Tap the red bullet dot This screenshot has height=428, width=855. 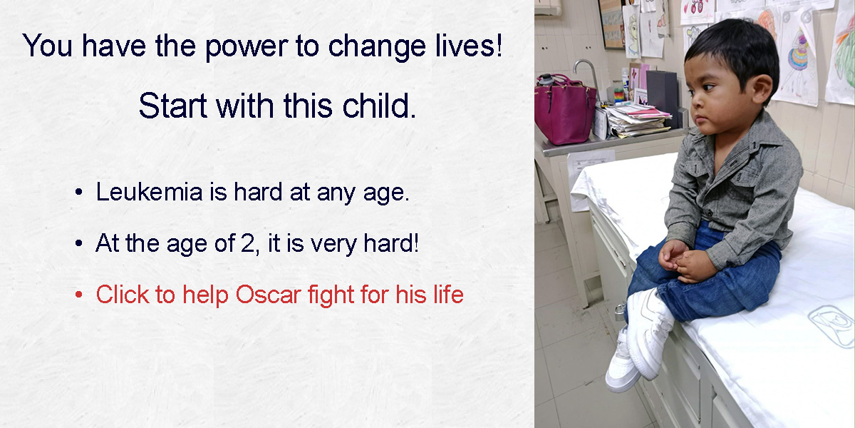[x=78, y=295]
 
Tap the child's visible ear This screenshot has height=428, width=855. [x=762, y=87]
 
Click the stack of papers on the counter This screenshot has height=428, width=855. [x=636, y=120]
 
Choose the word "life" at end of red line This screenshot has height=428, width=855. [x=448, y=294]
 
